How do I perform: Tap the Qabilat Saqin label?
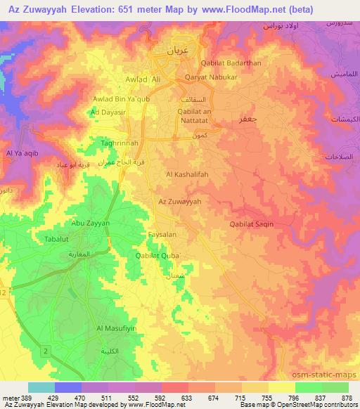(x=251, y=224)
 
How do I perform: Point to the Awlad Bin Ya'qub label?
(x=122, y=99)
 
